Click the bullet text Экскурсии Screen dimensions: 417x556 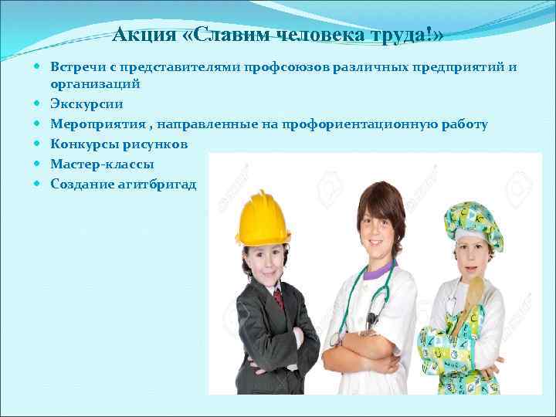click(86, 103)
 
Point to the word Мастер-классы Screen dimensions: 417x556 click(102, 164)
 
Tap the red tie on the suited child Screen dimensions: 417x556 click(279, 298)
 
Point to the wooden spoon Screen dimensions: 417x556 click(474, 297)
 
